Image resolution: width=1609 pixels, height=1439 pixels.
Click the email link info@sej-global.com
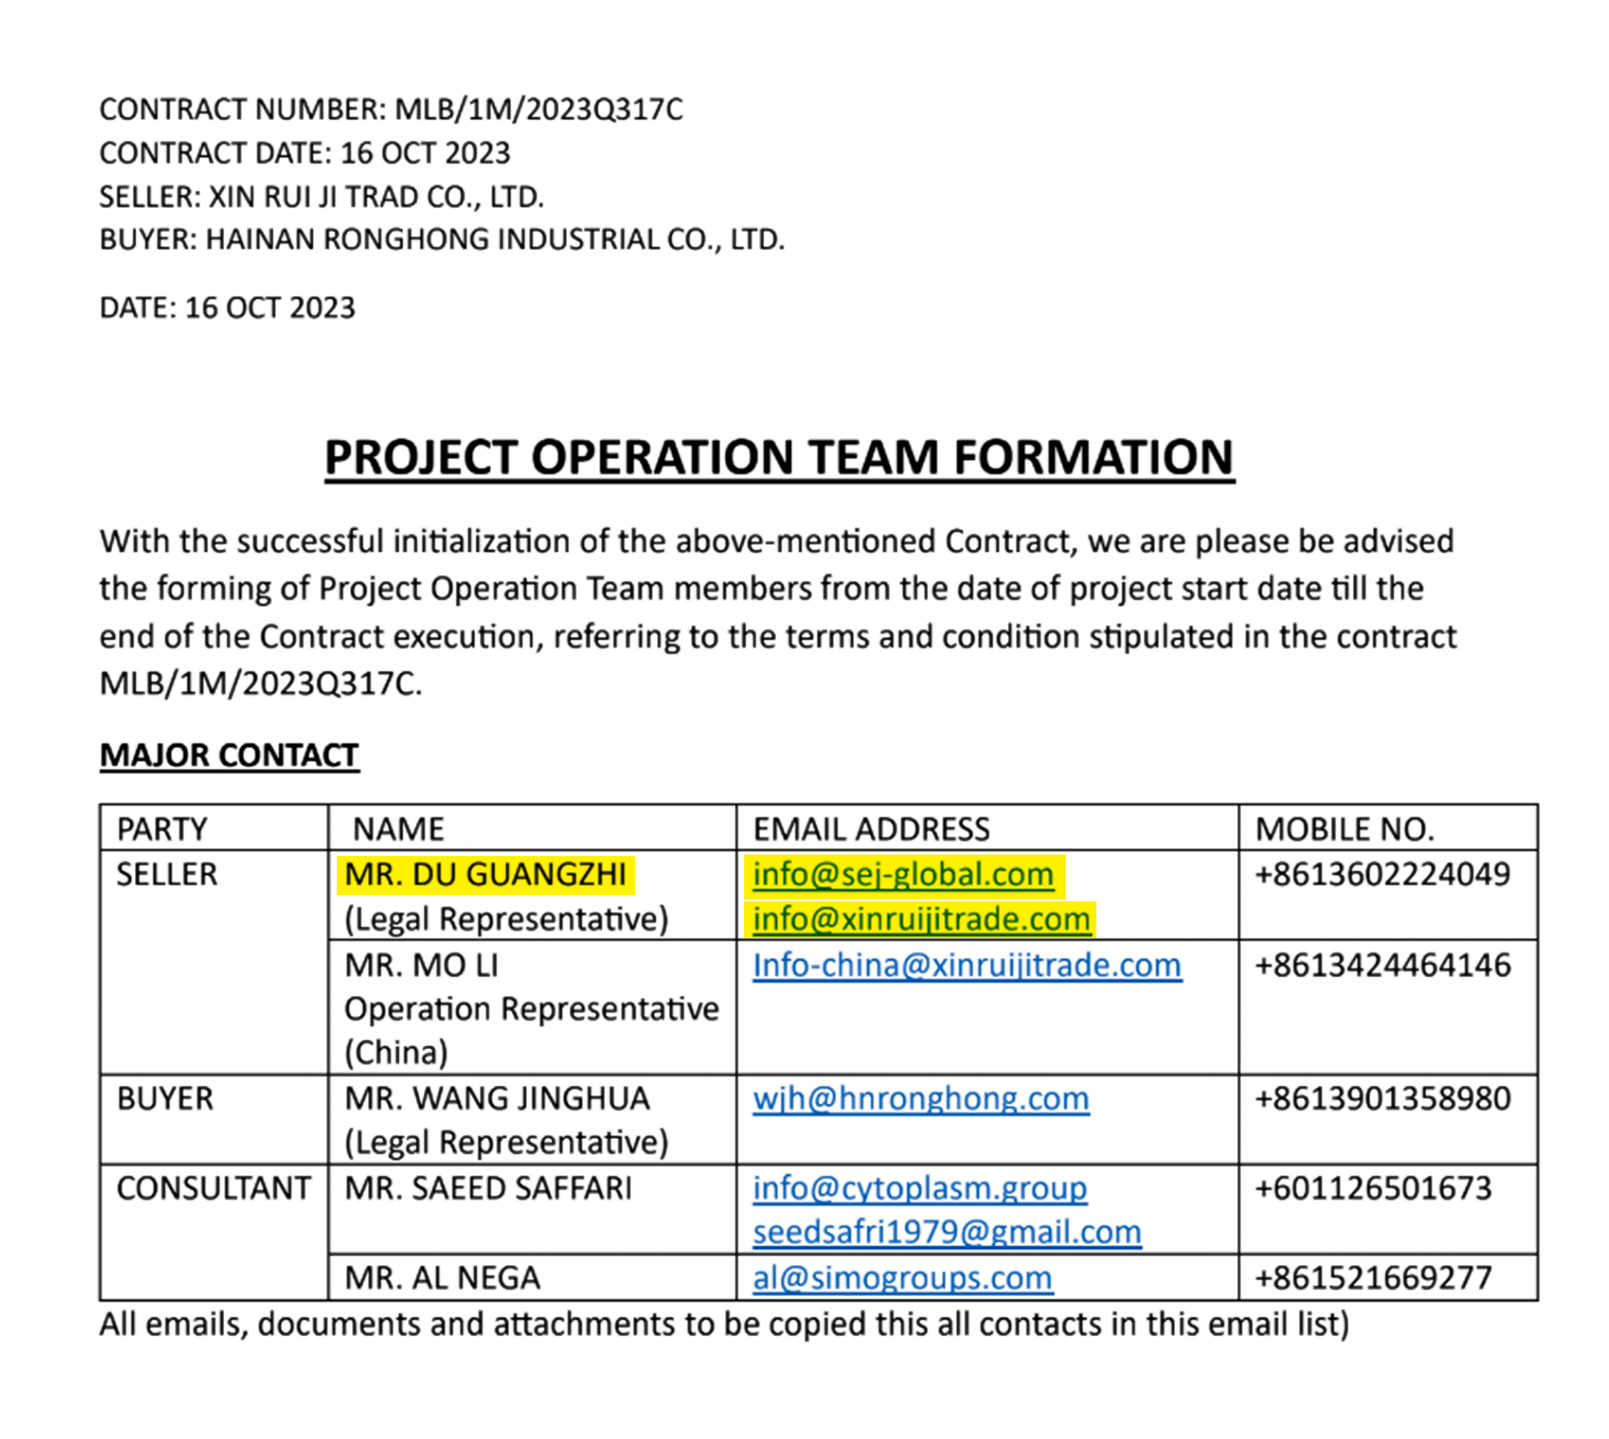[x=902, y=875]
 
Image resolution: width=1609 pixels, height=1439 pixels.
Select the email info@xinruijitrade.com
[x=921, y=919]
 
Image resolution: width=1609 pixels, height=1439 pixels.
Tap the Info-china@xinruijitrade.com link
[x=966, y=966]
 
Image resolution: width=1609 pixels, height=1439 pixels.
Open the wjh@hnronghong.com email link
[x=921, y=1099]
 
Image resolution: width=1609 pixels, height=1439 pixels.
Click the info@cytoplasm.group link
[x=920, y=1188]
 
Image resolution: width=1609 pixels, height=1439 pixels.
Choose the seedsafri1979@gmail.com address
[x=947, y=1232]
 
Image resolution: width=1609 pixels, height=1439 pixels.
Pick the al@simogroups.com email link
[x=902, y=1278]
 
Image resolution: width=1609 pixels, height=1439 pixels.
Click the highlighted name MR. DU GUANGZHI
[x=484, y=875]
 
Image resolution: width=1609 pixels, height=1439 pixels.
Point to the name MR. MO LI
[x=421, y=966]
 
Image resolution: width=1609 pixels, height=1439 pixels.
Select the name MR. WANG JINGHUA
[x=496, y=1099]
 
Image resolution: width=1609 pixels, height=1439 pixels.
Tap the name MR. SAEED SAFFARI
[x=488, y=1188]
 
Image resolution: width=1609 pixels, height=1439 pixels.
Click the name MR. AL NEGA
[x=442, y=1278]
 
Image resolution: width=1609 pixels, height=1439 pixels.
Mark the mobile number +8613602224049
[x=1382, y=875]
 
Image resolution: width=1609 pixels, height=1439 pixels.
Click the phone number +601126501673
[x=1372, y=1188]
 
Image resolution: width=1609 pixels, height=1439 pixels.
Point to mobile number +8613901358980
[x=1382, y=1099]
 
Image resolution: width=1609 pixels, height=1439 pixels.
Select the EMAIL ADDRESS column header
[x=870, y=829]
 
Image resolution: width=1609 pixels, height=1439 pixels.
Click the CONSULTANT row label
[x=214, y=1188]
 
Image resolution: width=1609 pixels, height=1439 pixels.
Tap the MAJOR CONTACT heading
[x=229, y=755]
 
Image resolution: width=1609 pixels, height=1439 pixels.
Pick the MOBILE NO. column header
[x=1344, y=829]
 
